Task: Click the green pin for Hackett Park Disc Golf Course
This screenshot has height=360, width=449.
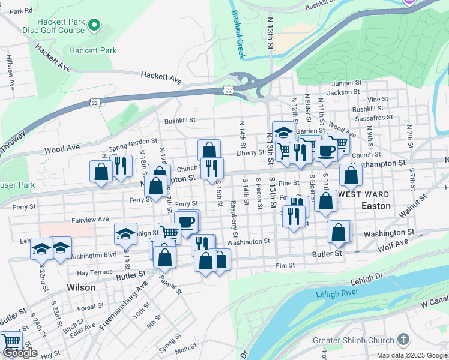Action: click(93, 25)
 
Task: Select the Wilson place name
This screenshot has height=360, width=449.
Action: click(81, 287)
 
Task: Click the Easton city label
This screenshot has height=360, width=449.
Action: click(376, 206)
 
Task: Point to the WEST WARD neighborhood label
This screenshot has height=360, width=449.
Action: click(364, 194)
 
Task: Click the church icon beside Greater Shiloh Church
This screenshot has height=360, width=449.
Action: click(403, 340)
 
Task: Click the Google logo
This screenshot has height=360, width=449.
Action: click(20, 353)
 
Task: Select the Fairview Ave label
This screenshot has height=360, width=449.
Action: click(91, 220)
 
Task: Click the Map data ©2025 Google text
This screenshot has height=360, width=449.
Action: click(411, 355)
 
